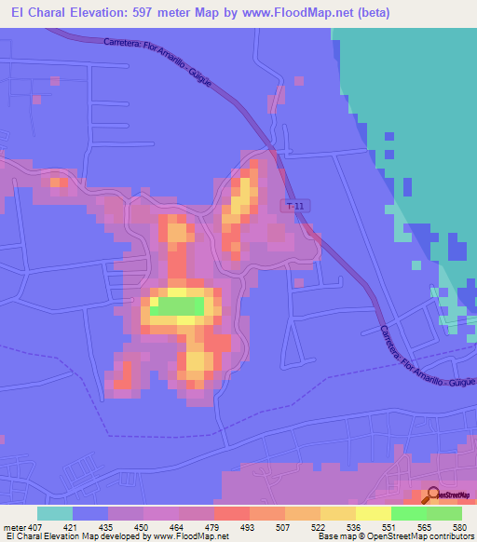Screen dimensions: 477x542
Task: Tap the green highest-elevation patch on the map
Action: click(177, 305)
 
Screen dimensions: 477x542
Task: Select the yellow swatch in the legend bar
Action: click(374, 513)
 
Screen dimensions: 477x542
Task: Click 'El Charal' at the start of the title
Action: click(34, 12)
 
